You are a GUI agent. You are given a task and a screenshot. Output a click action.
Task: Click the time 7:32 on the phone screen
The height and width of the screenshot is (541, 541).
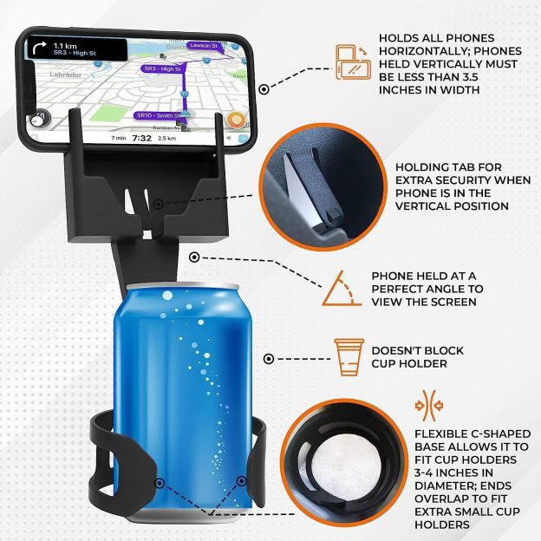[142, 137]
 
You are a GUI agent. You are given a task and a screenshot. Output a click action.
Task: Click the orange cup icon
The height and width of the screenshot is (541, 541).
[347, 356]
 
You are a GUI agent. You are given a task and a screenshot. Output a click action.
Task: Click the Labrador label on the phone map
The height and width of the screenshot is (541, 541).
[67, 75]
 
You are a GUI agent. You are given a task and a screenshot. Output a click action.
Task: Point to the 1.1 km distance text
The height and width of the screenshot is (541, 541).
[66, 44]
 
